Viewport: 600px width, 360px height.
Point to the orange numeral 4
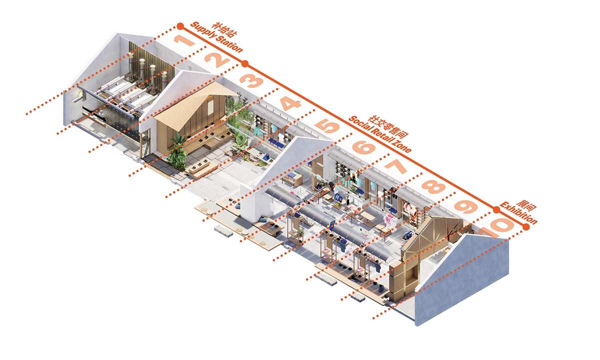pyautogui.click(x=290, y=105)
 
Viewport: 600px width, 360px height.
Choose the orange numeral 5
pyautogui.click(x=328, y=126)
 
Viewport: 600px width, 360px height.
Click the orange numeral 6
pyautogui.click(x=363, y=148)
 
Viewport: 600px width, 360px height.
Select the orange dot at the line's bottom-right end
pyautogui.click(x=525, y=228)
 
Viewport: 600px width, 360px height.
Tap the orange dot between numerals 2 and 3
pyautogui.click(x=245, y=63)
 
